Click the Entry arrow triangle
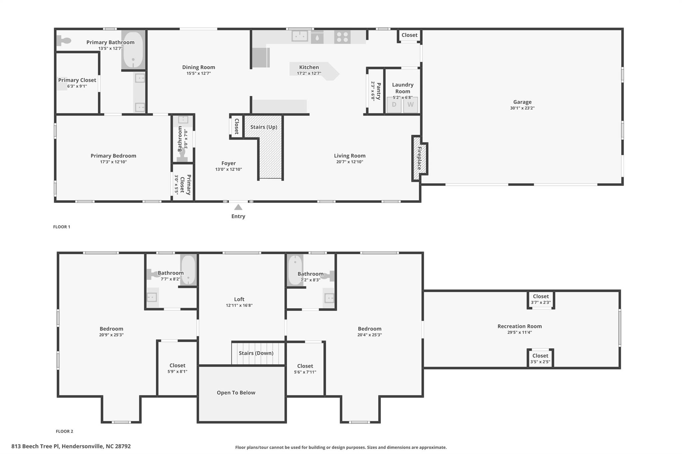[x=238, y=207]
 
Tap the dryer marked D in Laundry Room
[x=394, y=105]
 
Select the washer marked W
[x=411, y=105]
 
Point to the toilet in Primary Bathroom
[x=64, y=41]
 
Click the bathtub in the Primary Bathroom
[x=133, y=50]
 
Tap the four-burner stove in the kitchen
[x=342, y=37]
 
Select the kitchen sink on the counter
[x=300, y=36]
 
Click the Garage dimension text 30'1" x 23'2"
[x=522, y=108]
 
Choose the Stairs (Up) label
[x=263, y=127]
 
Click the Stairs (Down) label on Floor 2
[x=256, y=353]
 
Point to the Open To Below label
[x=236, y=393]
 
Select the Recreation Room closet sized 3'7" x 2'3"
[x=540, y=299]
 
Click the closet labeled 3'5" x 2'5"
[x=540, y=359]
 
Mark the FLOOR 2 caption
[x=64, y=431]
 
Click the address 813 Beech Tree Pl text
[x=71, y=446]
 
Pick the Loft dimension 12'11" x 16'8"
[x=239, y=305]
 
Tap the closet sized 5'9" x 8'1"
[x=177, y=368]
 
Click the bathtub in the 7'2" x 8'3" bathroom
[x=295, y=269]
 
